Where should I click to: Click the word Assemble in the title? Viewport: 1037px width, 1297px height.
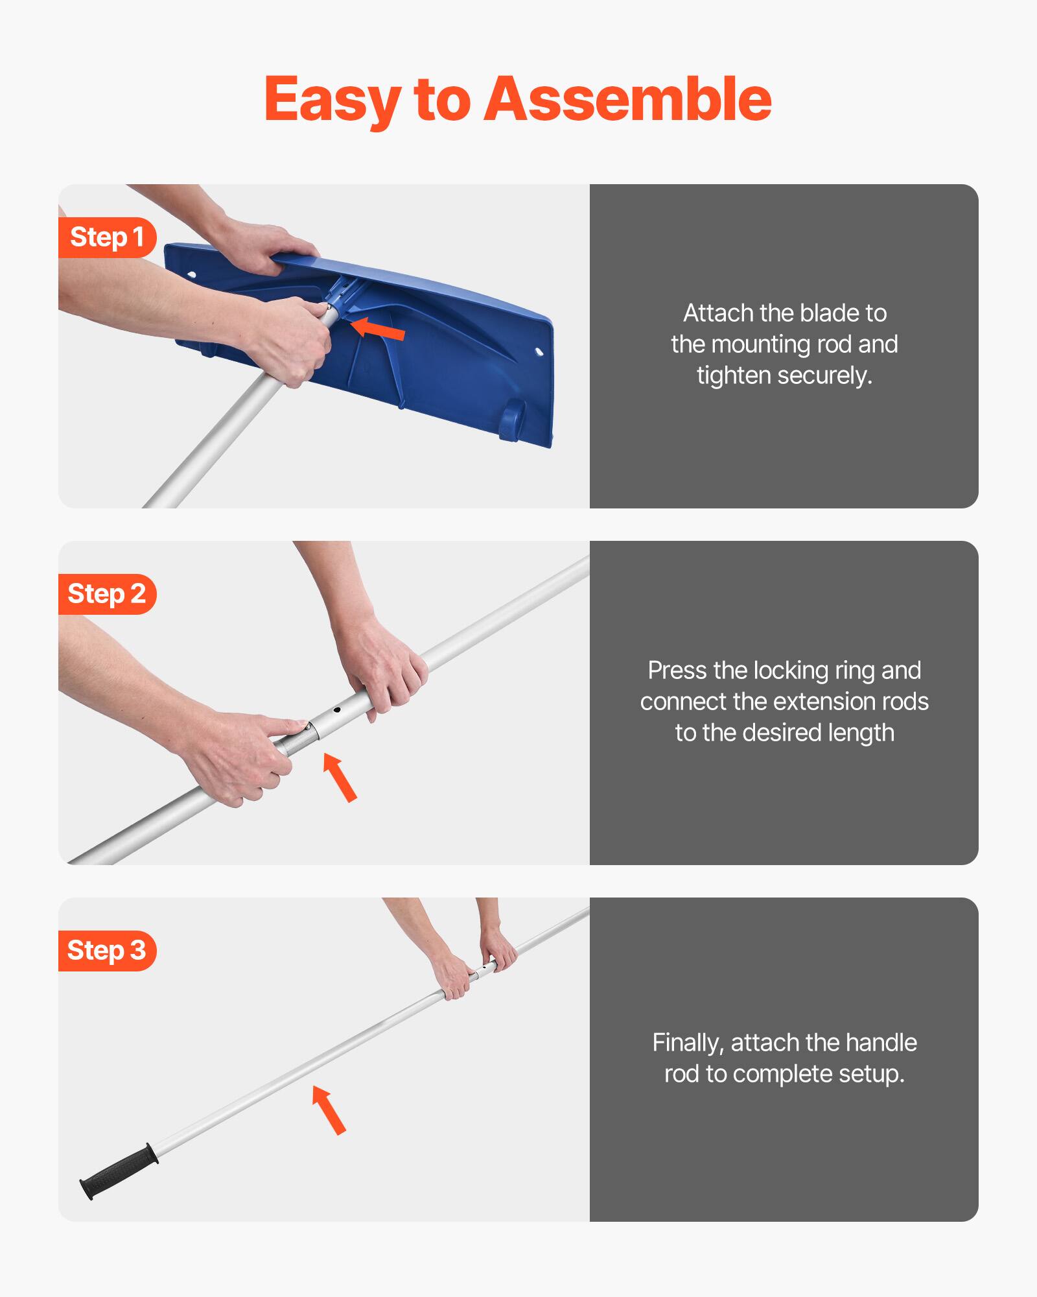[x=627, y=99]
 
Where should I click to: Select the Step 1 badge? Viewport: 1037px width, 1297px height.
[x=107, y=237]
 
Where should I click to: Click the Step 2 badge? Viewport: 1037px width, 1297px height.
[x=107, y=594]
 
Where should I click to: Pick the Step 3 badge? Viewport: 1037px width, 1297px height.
[x=107, y=951]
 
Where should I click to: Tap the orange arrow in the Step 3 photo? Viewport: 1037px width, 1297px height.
[x=329, y=1110]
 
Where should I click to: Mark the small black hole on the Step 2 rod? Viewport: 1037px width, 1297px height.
[x=337, y=710]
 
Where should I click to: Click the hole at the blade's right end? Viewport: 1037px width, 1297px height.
[x=539, y=351]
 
